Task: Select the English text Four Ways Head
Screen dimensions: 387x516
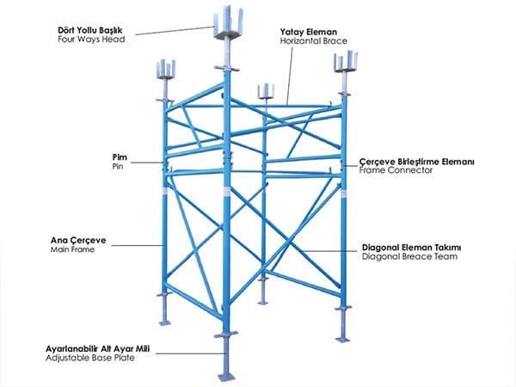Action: pos(88,39)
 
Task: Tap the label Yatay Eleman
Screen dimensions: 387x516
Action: pos(307,31)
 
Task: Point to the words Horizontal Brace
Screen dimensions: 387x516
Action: pos(310,41)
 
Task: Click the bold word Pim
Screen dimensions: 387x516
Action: pos(120,157)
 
